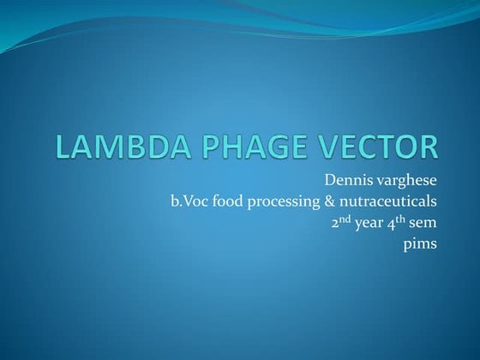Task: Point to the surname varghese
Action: pyautogui.click(x=407, y=182)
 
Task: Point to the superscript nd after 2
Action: pyautogui.click(x=340, y=219)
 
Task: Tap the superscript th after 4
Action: pyautogui.click(x=398, y=219)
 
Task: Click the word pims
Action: pyautogui.click(x=421, y=245)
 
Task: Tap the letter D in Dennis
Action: pyautogui.click(x=330, y=181)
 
